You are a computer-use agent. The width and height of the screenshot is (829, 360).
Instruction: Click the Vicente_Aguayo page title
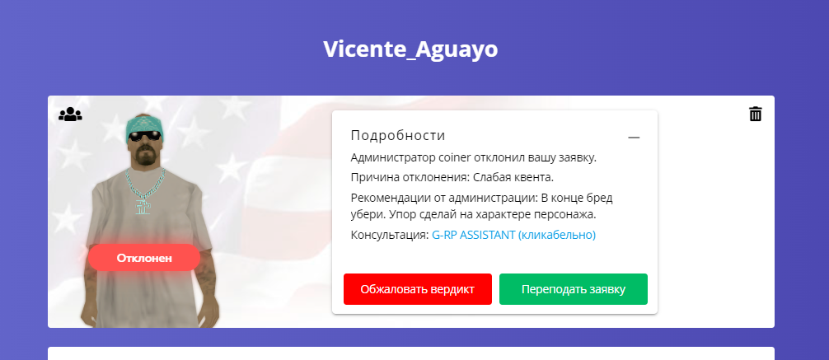click(x=410, y=49)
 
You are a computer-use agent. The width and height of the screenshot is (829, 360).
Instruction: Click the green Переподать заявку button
click(x=573, y=289)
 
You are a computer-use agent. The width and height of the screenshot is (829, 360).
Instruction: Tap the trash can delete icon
click(x=756, y=114)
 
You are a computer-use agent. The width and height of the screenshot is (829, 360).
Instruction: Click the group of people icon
click(x=70, y=115)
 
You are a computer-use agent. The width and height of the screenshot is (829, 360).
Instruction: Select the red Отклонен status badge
click(x=144, y=258)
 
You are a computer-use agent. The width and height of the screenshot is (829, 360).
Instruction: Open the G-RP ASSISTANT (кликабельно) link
click(x=514, y=235)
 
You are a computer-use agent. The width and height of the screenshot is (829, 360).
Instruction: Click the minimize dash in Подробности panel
click(x=634, y=138)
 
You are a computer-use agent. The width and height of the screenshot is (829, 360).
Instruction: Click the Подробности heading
click(x=398, y=135)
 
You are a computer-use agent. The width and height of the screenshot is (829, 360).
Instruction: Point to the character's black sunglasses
click(x=145, y=136)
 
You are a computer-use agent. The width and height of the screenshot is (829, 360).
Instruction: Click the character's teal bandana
click(x=144, y=124)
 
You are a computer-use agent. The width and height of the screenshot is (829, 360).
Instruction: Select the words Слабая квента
click(x=513, y=177)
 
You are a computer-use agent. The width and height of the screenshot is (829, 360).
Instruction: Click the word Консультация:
click(x=390, y=236)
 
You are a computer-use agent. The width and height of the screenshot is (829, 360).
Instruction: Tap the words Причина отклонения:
click(x=410, y=177)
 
